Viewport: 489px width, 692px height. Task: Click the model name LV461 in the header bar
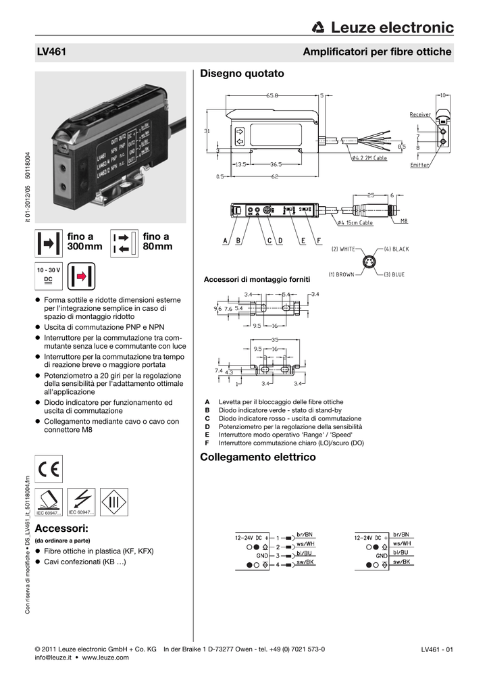pyautogui.click(x=51, y=52)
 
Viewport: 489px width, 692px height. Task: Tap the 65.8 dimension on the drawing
pyautogui.click(x=272, y=96)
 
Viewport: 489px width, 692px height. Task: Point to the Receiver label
pyautogui.click(x=420, y=115)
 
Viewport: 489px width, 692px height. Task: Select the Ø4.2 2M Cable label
pyautogui.click(x=369, y=158)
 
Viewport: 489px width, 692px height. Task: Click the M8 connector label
pyautogui.click(x=404, y=220)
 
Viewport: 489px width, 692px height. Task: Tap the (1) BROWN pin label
pyautogui.click(x=342, y=275)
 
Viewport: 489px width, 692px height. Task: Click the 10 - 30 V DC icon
pyautogui.click(x=49, y=274)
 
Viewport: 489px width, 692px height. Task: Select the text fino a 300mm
pyautogui.click(x=84, y=242)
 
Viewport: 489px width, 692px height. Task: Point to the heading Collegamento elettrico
pyautogui.click(x=258, y=458)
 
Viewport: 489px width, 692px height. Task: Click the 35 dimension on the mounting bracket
pyautogui.click(x=274, y=339)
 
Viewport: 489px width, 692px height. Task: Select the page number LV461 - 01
pyautogui.click(x=436, y=650)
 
